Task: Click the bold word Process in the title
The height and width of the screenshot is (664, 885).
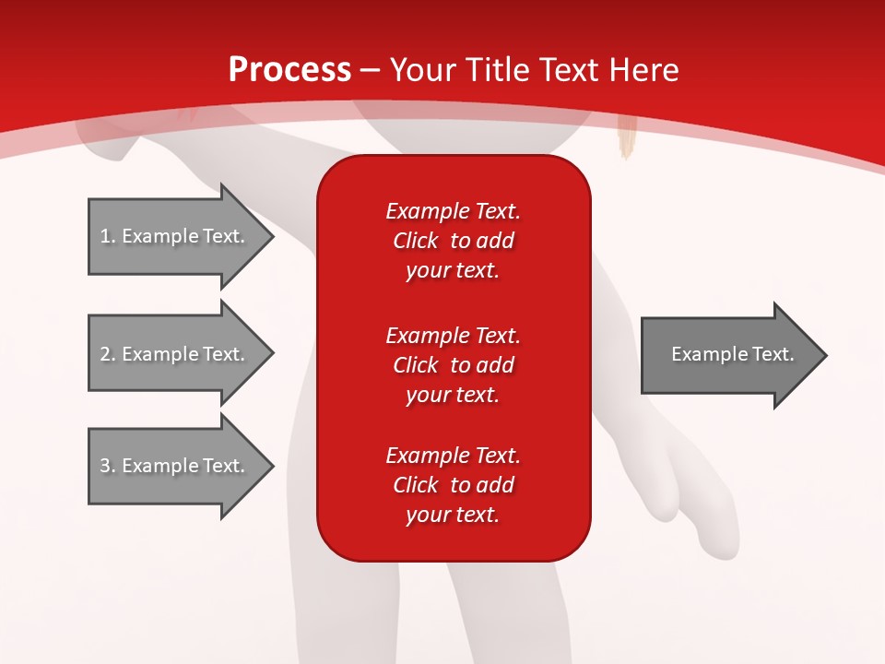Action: click(x=289, y=70)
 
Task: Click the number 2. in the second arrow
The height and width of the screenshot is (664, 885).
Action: click(x=107, y=354)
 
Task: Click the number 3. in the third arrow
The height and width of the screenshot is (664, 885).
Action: click(x=107, y=466)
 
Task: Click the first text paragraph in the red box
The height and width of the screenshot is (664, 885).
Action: click(x=453, y=241)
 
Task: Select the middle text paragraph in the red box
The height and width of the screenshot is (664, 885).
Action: click(x=453, y=365)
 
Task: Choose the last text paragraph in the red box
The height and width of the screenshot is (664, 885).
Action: click(x=453, y=485)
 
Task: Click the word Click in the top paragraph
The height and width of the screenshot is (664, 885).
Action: click(x=415, y=241)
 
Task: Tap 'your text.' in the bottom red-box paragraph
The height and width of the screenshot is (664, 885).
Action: click(x=453, y=516)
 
